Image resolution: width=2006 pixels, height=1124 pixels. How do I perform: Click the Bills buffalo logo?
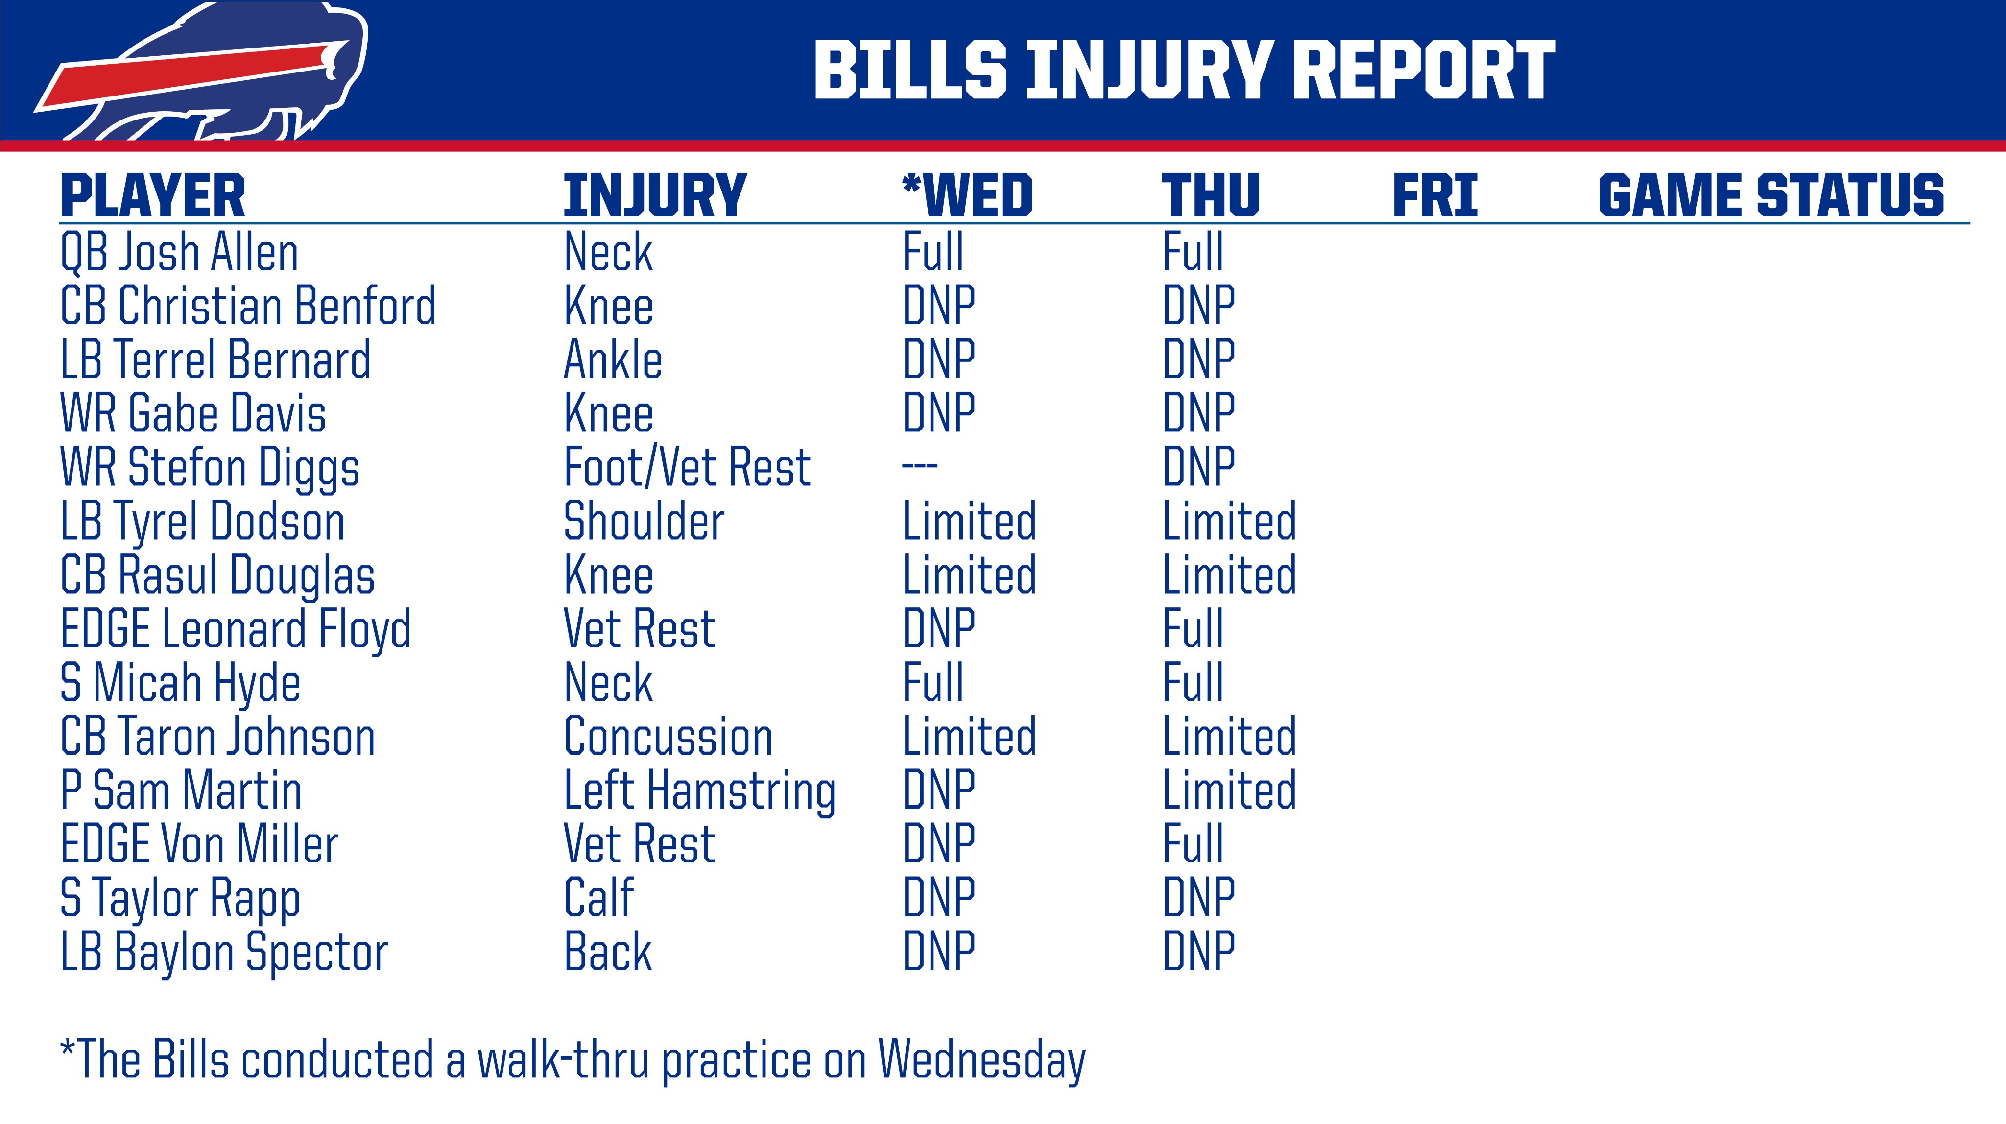click(x=202, y=74)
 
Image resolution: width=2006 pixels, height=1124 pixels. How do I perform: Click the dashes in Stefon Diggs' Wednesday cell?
click(x=920, y=466)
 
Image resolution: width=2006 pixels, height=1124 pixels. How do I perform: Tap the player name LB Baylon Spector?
click(x=224, y=953)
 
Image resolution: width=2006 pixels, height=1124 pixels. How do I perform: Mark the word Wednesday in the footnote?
click(x=982, y=1061)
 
